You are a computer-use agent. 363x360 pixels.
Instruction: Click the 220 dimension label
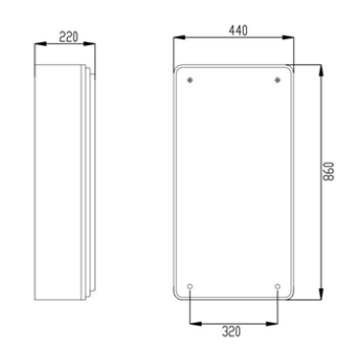pyautogui.click(x=69, y=36)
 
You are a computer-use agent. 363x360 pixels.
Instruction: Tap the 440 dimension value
pyautogui.click(x=238, y=30)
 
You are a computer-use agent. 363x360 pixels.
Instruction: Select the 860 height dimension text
pyautogui.click(x=329, y=171)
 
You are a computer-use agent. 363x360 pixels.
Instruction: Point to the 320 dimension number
pyautogui.click(x=231, y=331)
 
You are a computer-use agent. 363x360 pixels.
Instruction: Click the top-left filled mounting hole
pyautogui.click(x=190, y=80)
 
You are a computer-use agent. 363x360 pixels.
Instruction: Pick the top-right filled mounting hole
pyautogui.click(x=277, y=80)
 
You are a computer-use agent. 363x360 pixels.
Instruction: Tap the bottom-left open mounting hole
pyautogui.click(x=190, y=287)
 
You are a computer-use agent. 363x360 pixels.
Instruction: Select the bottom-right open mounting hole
pyautogui.click(x=277, y=287)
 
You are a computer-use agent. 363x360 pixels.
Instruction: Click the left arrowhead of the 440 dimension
pyautogui.click(x=179, y=37)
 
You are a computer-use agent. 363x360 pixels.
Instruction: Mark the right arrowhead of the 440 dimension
pyautogui.click(x=287, y=37)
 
